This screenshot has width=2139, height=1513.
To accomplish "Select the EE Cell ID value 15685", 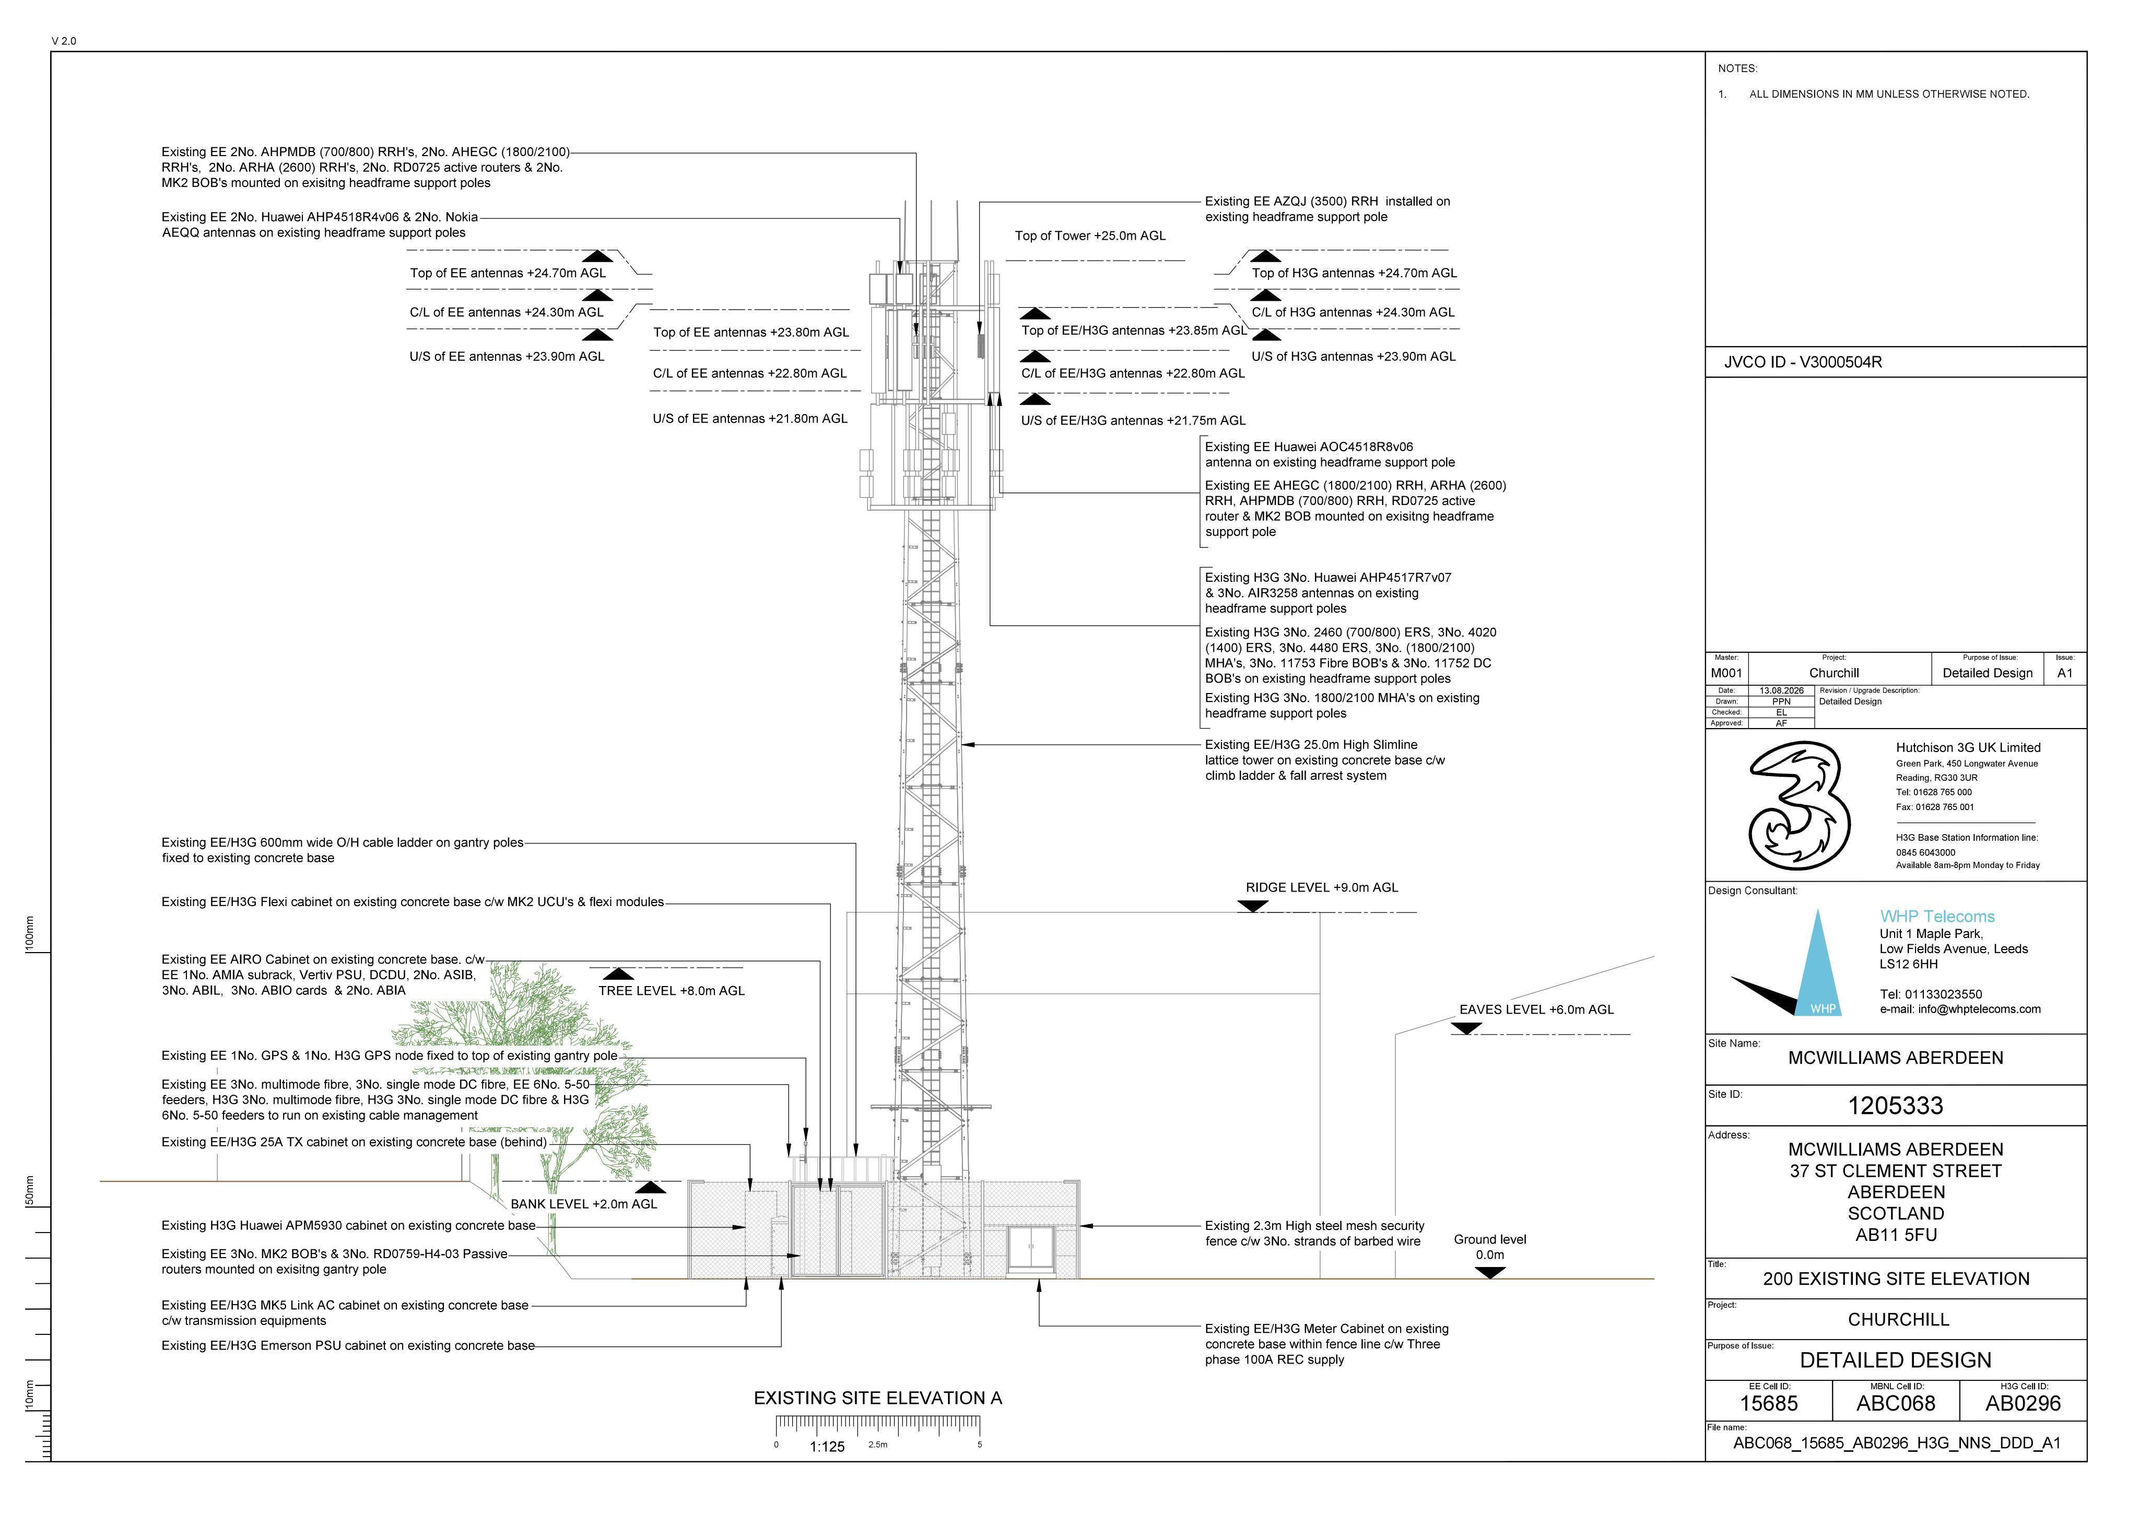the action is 1768,1403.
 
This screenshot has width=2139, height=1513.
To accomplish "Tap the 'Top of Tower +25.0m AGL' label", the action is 1090,236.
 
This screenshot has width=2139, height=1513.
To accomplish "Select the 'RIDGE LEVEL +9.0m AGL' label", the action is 1322,888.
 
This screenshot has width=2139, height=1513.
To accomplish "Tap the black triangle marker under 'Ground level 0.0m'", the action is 1490,1273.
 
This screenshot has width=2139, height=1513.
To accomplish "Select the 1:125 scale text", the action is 827,1447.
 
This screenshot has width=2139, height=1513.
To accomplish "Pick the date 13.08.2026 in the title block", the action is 1781,690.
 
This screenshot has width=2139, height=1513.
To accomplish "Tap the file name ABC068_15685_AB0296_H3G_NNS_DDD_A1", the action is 1897,1443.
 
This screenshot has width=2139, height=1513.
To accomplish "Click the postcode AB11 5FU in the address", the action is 1896,1235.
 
